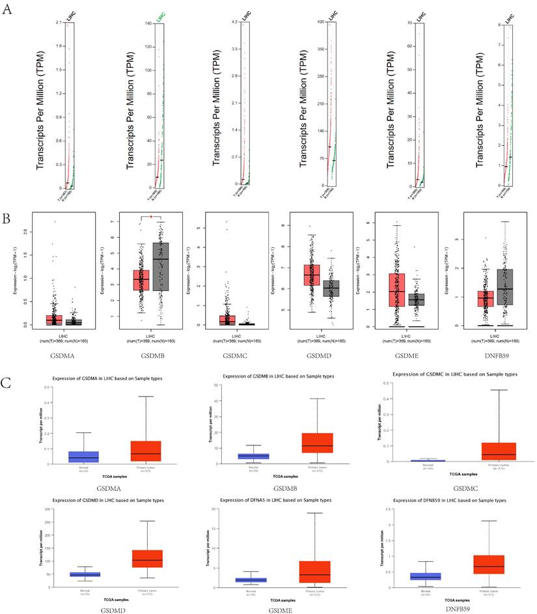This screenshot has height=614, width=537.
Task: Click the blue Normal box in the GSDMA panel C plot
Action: [x=84, y=456]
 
